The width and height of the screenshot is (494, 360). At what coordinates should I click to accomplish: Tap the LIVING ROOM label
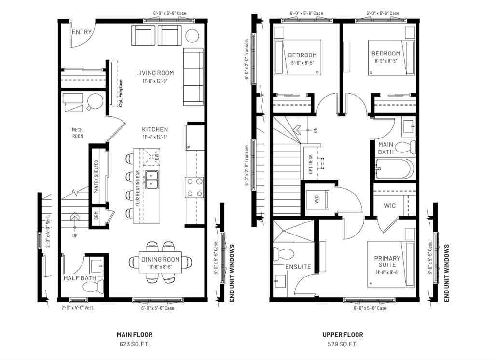154,73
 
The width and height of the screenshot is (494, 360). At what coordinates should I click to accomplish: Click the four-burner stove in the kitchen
194,187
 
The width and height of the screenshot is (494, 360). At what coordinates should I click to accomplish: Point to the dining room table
160,263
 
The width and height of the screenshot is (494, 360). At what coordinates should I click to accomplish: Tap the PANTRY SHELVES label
96,177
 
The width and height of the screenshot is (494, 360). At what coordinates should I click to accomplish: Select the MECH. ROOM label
78,133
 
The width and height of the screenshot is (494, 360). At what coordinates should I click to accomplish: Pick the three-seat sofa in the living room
193,77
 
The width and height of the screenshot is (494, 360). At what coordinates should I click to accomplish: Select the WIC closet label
390,206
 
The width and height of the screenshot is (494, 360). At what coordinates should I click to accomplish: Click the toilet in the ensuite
282,253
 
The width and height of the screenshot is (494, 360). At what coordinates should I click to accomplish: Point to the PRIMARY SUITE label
387,262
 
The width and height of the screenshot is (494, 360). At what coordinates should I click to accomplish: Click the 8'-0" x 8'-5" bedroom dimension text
302,62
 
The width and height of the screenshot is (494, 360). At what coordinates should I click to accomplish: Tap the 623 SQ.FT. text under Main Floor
135,345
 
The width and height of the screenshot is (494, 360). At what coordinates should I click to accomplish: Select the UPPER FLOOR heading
343,335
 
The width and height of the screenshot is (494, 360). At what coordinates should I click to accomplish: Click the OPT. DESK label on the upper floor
310,163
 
